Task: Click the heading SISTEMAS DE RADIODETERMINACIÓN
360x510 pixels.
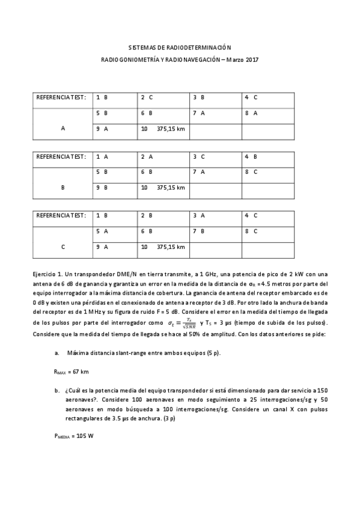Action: coord(180,47)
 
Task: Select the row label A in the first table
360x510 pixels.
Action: coord(63,128)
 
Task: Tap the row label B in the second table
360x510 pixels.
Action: coord(63,188)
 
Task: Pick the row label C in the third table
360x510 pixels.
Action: coord(63,247)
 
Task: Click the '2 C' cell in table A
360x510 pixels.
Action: coord(147,97)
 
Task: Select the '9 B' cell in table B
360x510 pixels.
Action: coord(101,188)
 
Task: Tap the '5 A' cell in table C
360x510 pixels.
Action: coord(101,231)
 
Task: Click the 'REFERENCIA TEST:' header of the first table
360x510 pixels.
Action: coord(61,97)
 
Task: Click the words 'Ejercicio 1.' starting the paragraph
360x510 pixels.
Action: coord(48,274)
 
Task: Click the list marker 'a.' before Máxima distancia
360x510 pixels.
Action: coord(56,353)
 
